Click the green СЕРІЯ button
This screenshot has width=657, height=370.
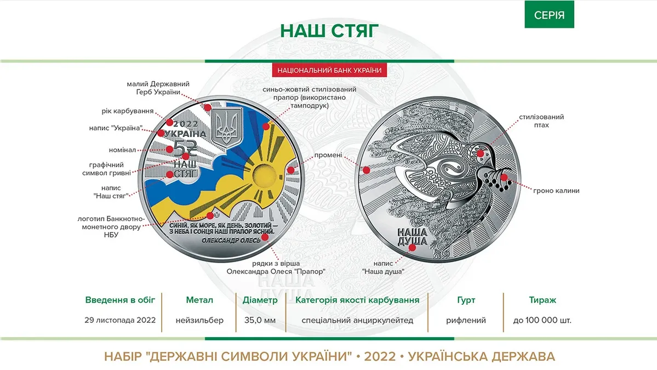549,15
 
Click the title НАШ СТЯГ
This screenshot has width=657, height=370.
329,30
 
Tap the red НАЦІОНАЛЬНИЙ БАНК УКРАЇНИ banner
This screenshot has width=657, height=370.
329,70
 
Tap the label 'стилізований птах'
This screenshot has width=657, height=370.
542,121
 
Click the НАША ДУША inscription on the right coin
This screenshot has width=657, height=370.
410,237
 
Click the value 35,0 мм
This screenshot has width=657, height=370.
260,320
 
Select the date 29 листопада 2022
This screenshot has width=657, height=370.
121,320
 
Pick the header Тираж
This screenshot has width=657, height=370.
542,300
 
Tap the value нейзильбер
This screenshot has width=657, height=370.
200,320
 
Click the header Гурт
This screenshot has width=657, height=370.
466,300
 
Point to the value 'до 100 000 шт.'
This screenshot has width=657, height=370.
542,320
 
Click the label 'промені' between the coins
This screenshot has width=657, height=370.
328,155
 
